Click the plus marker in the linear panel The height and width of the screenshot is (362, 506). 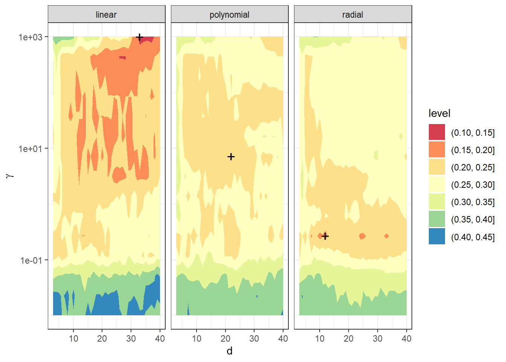pos(139,37)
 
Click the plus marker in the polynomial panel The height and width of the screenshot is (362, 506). pos(231,156)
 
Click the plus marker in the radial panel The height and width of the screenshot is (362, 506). pos(325,236)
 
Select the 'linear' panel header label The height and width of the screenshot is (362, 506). pos(106,15)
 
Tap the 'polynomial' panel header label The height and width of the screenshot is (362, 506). pos(229,15)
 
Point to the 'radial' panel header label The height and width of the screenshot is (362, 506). pos(352,15)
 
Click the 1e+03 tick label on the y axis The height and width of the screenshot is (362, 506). pos(30,37)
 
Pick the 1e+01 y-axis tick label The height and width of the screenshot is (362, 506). pos(30,149)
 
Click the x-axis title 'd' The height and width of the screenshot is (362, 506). pos(229,351)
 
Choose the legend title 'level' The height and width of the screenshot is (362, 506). pos(439,113)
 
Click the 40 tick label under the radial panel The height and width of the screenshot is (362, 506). pos(406,338)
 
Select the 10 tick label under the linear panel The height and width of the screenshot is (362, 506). pos(73,338)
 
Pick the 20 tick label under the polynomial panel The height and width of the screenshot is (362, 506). pos(225,338)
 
